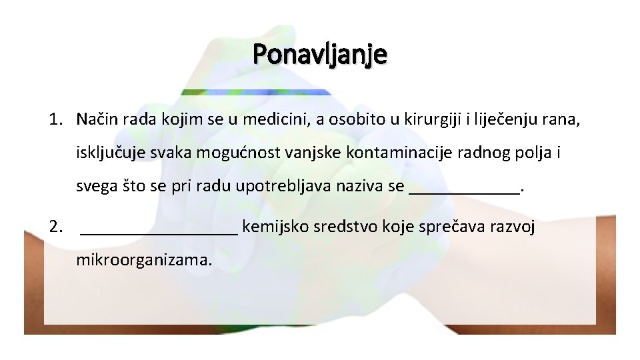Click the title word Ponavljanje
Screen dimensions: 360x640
(319, 54)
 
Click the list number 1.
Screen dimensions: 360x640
(55, 120)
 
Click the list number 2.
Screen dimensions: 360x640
(55, 227)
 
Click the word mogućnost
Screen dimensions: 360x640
(226, 153)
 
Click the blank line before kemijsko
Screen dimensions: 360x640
(159, 230)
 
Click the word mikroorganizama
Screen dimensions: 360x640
(144, 259)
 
